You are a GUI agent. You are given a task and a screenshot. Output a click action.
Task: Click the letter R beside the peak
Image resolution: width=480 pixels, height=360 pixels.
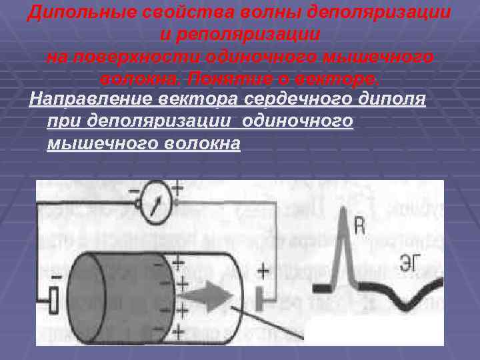(x=358, y=228)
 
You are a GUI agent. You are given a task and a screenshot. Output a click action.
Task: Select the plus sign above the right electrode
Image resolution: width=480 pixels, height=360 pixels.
(x=262, y=271)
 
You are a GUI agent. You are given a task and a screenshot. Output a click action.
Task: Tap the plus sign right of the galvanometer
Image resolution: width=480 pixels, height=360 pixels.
(x=178, y=188)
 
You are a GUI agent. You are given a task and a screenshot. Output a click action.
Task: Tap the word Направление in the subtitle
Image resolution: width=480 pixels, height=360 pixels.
(x=91, y=101)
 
